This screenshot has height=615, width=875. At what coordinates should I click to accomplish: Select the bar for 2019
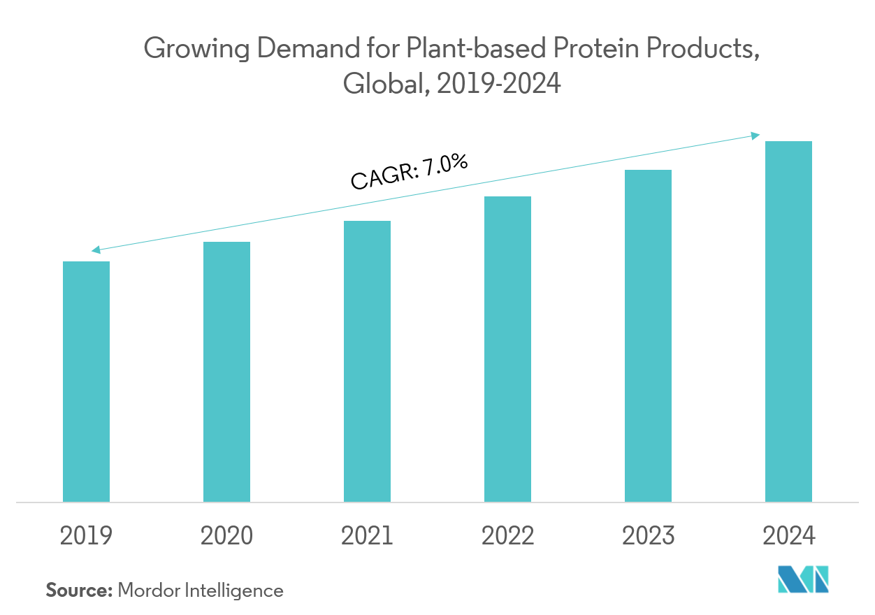pyautogui.click(x=86, y=382)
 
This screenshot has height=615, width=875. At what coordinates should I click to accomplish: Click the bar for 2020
pyautogui.click(x=226, y=372)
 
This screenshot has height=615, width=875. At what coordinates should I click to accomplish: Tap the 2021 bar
pyautogui.click(x=367, y=361)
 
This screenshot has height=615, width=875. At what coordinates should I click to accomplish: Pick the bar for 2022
pyautogui.click(x=507, y=349)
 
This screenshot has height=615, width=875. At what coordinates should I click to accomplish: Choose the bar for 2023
pyautogui.click(x=648, y=335)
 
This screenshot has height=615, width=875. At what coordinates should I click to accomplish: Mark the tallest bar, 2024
pyautogui.click(x=788, y=321)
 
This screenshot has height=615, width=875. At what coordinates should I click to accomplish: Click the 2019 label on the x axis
pyautogui.click(x=86, y=536)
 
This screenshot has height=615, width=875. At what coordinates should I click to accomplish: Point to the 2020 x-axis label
pyautogui.click(x=226, y=536)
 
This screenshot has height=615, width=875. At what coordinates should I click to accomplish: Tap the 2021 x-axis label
pyautogui.click(x=367, y=536)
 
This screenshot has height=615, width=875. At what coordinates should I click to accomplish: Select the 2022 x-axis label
pyautogui.click(x=507, y=536)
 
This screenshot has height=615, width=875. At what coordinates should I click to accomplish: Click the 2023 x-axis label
pyautogui.click(x=648, y=536)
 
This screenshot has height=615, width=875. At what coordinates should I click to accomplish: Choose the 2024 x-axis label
pyautogui.click(x=788, y=536)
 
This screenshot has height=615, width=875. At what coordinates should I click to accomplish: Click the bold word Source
pyautogui.click(x=79, y=591)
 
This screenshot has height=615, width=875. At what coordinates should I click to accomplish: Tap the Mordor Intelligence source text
pyautogui.click(x=201, y=591)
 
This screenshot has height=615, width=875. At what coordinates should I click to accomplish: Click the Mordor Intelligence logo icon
pyautogui.click(x=803, y=579)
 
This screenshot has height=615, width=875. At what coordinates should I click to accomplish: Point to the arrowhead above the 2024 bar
pyautogui.click(x=756, y=135)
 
